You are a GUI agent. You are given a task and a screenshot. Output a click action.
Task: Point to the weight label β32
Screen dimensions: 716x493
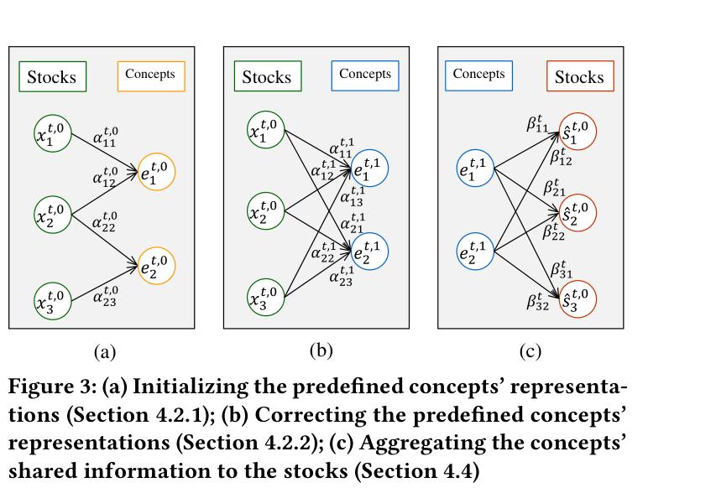click(537, 302)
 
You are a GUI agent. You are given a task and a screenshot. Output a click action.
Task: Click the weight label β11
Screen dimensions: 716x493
click(537, 123)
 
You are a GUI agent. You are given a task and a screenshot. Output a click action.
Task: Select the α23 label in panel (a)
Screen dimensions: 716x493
click(105, 296)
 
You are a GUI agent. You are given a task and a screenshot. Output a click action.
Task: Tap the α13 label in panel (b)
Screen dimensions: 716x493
click(353, 196)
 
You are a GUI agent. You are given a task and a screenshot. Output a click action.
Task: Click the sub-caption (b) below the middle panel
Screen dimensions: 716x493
click(321, 350)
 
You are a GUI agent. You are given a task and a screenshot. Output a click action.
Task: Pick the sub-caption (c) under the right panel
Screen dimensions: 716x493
click(530, 351)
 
